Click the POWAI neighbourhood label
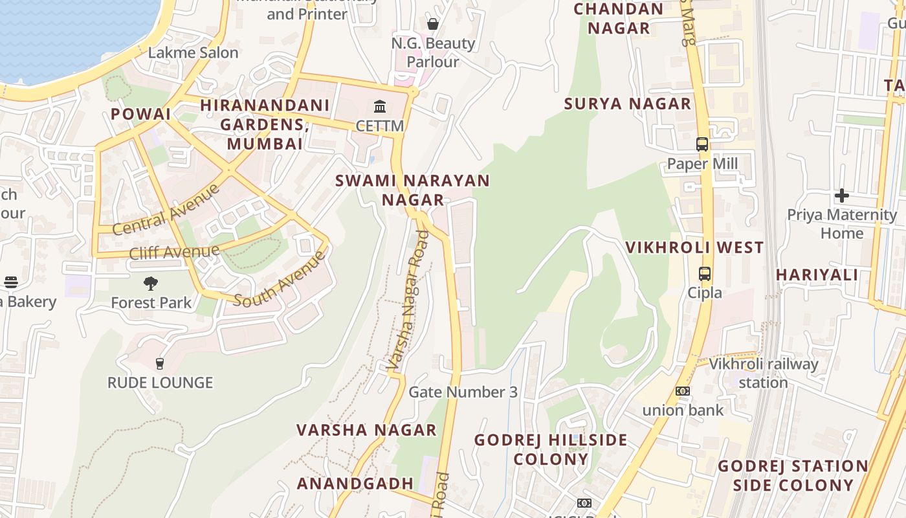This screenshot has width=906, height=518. coord(140,114)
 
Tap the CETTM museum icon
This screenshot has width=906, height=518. coord(380,106)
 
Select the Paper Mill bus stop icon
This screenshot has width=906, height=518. coord(702,144)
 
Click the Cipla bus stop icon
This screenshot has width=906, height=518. coord(705,274)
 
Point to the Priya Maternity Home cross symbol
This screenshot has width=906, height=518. coord(842,195)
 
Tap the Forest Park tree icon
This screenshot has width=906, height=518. coord(151,283)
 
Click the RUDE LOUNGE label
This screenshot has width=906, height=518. coord(160,383)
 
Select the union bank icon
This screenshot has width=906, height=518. coord(683,391)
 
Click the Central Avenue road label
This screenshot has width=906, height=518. coord(166,210)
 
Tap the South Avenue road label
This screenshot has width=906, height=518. coord(280,279)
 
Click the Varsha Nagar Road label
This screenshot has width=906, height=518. coord(409,300)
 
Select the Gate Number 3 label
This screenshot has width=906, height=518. coord(463,392)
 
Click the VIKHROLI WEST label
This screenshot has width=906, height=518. coord(694,247)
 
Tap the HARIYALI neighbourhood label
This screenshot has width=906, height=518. coord(817,275)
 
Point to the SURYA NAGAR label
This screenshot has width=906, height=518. coord(628,104)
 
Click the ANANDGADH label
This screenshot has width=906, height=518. coord(355,483)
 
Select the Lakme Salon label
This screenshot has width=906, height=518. coord(193,52)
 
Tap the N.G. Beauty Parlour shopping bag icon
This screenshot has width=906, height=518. coord(433,24)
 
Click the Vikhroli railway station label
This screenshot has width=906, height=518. coord(764,373)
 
